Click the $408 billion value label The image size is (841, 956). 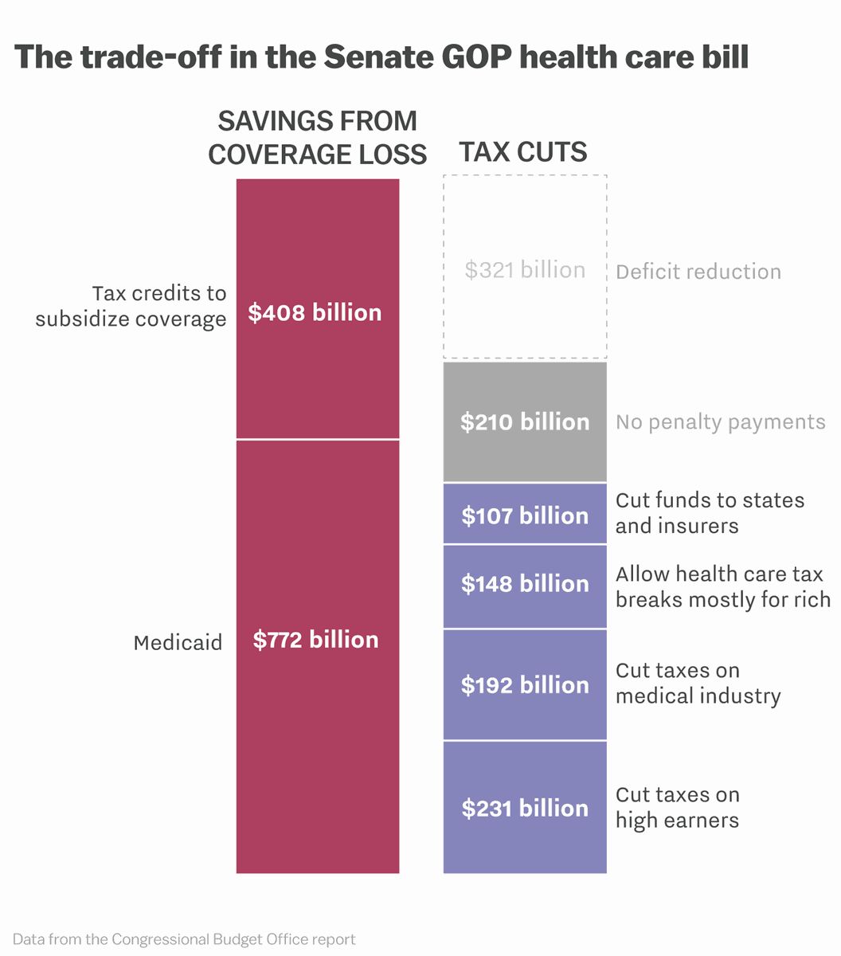coord(315,312)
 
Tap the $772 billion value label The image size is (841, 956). coord(315,640)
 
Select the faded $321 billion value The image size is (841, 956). coord(525,270)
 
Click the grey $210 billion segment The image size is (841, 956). coord(525,421)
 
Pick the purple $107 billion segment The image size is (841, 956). coord(525,515)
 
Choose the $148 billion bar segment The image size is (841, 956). coord(525,584)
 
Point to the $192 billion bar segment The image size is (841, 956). coord(525,685)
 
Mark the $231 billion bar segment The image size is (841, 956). coord(525,808)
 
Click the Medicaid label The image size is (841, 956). coord(178,643)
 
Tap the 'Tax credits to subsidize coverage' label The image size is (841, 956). coord(131,307)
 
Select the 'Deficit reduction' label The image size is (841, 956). coord(698,272)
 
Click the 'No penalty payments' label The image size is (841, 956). coord(720,421)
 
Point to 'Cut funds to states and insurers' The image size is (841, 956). coord(710,513)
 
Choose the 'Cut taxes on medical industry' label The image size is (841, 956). coord(698,684)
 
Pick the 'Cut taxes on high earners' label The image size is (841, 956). coord(678,807)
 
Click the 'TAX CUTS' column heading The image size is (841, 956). coord(523,152)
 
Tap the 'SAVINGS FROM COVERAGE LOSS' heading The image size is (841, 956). coord(317,138)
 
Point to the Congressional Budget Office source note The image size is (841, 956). coord(184,939)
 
